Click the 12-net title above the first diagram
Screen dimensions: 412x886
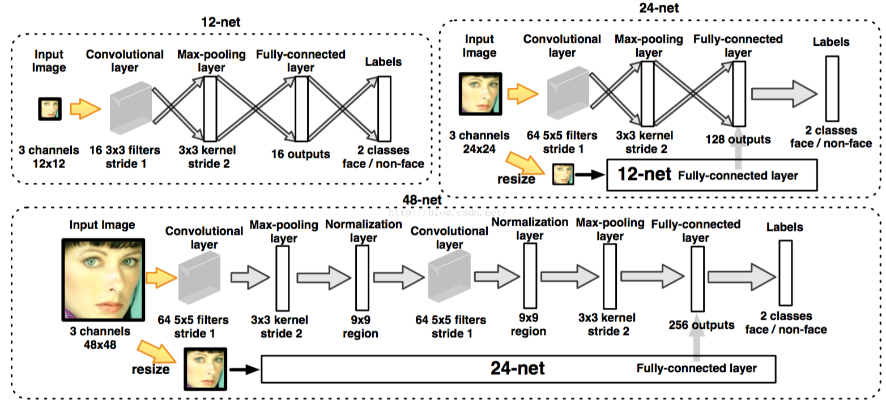[x=220, y=22]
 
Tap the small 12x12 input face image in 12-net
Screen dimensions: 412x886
[x=49, y=108]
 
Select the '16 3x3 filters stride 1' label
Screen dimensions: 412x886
[x=125, y=157]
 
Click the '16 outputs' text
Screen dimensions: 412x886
[x=300, y=154]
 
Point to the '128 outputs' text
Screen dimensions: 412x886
[x=738, y=139]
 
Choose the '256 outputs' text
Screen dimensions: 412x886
[x=701, y=325]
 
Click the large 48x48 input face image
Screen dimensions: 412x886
[x=103, y=280]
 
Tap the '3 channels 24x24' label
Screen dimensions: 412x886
[x=479, y=143]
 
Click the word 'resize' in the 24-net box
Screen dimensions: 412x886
[x=516, y=179]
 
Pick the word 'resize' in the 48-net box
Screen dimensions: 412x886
[x=151, y=370]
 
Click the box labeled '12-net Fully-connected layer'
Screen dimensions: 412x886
[x=712, y=175]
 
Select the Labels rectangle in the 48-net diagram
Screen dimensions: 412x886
[x=785, y=272]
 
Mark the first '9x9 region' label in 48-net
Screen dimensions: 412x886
[x=360, y=327]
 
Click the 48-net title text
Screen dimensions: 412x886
[x=421, y=200]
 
